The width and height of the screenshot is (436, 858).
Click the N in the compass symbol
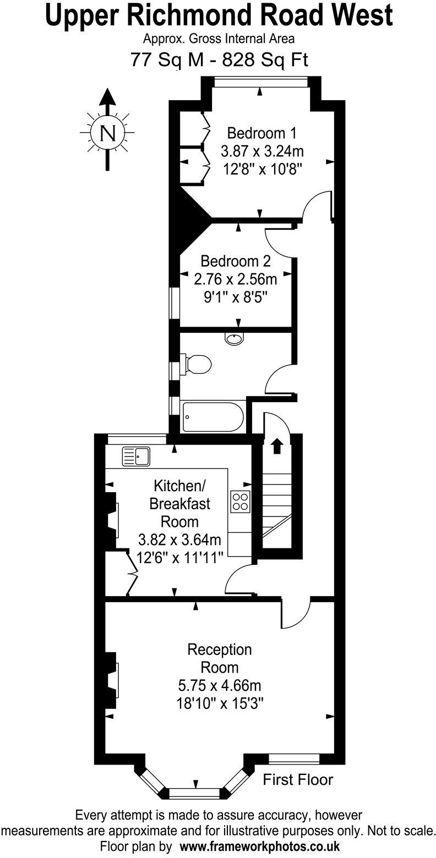tap(108, 134)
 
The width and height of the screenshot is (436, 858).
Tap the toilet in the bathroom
tap(197, 364)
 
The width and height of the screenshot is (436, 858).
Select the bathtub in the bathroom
tap(212, 417)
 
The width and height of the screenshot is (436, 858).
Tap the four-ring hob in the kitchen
tap(239, 501)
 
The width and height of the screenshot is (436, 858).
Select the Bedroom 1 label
tap(262, 133)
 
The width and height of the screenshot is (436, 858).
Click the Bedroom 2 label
tap(235, 260)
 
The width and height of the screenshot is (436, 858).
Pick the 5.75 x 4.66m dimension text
tap(219, 686)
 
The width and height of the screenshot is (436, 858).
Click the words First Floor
tap(298, 779)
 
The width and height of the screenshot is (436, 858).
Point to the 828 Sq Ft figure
tap(265, 58)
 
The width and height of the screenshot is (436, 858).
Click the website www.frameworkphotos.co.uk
tap(253, 846)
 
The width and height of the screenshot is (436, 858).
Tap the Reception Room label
tap(219, 658)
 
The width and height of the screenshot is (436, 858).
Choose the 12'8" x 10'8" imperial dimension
tap(262, 168)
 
